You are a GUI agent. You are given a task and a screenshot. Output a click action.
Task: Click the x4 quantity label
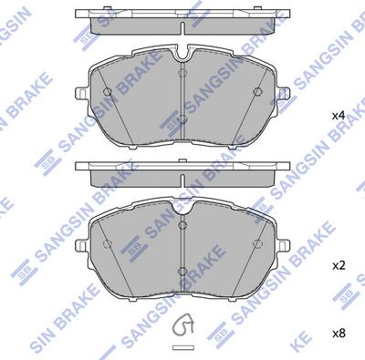point(338,116)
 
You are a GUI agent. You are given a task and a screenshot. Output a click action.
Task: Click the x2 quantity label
point(338,266)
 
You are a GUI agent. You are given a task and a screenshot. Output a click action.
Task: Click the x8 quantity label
point(338,334)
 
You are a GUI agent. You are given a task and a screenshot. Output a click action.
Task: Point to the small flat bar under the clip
point(182,346)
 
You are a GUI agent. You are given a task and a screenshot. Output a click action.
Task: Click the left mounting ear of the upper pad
point(81,93)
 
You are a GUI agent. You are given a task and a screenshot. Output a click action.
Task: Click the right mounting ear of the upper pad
point(283,93)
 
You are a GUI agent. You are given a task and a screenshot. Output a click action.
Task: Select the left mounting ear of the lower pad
point(81,244)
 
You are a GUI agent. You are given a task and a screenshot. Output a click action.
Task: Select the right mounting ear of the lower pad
point(283,244)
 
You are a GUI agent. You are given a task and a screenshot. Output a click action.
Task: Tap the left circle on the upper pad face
point(108,91)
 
